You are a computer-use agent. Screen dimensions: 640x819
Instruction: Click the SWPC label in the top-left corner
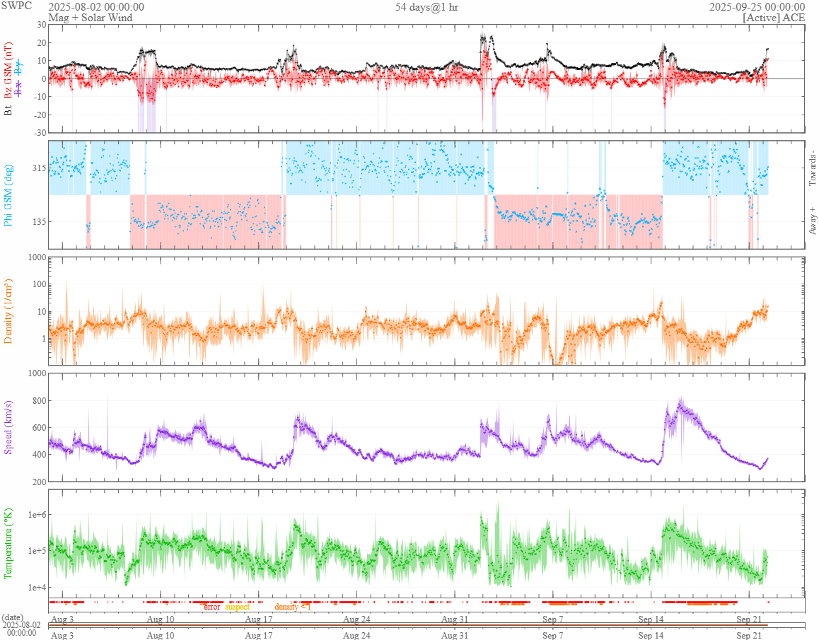coord(16,6)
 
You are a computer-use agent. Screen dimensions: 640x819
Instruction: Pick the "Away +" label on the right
coord(812,221)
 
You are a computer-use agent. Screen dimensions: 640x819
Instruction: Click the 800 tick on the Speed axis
coord(35,401)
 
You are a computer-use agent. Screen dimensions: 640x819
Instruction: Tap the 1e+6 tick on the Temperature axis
coord(34,514)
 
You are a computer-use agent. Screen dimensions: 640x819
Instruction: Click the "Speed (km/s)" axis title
coord(8,426)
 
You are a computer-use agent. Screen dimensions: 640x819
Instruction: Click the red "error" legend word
coord(211,607)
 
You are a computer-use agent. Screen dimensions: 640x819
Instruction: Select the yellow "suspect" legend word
coord(237,607)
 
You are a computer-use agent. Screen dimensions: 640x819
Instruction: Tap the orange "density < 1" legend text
coord(292,607)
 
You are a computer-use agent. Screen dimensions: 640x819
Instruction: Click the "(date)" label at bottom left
coord(14,617)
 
